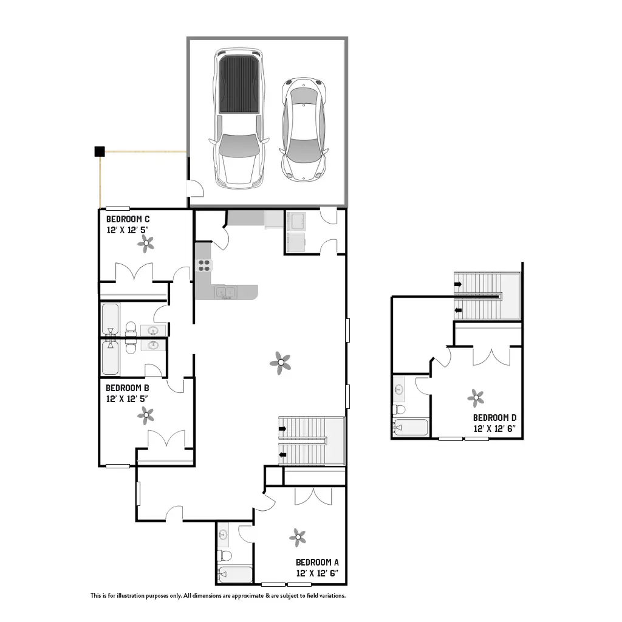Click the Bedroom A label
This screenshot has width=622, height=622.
pos(321,562)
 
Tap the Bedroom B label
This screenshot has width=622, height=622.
pos(127,388)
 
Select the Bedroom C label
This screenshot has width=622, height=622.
pos(128,219)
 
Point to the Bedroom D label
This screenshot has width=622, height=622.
pos(494,418)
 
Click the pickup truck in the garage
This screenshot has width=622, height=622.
pos(239,118)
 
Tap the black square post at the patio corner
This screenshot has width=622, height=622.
pos(100,151)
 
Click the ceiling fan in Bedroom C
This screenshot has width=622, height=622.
pos(146,244)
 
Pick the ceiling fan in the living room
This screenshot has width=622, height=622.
pos(280,363)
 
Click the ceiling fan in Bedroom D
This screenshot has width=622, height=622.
pos(476,398)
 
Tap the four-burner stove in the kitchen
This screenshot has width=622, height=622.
pos(203,264)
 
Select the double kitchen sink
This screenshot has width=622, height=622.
pos(225,293)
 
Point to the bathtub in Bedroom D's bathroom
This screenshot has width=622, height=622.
pos(410,427)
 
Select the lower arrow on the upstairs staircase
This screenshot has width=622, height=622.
pos(458,311)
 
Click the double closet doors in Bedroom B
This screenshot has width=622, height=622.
pos(166,440)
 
